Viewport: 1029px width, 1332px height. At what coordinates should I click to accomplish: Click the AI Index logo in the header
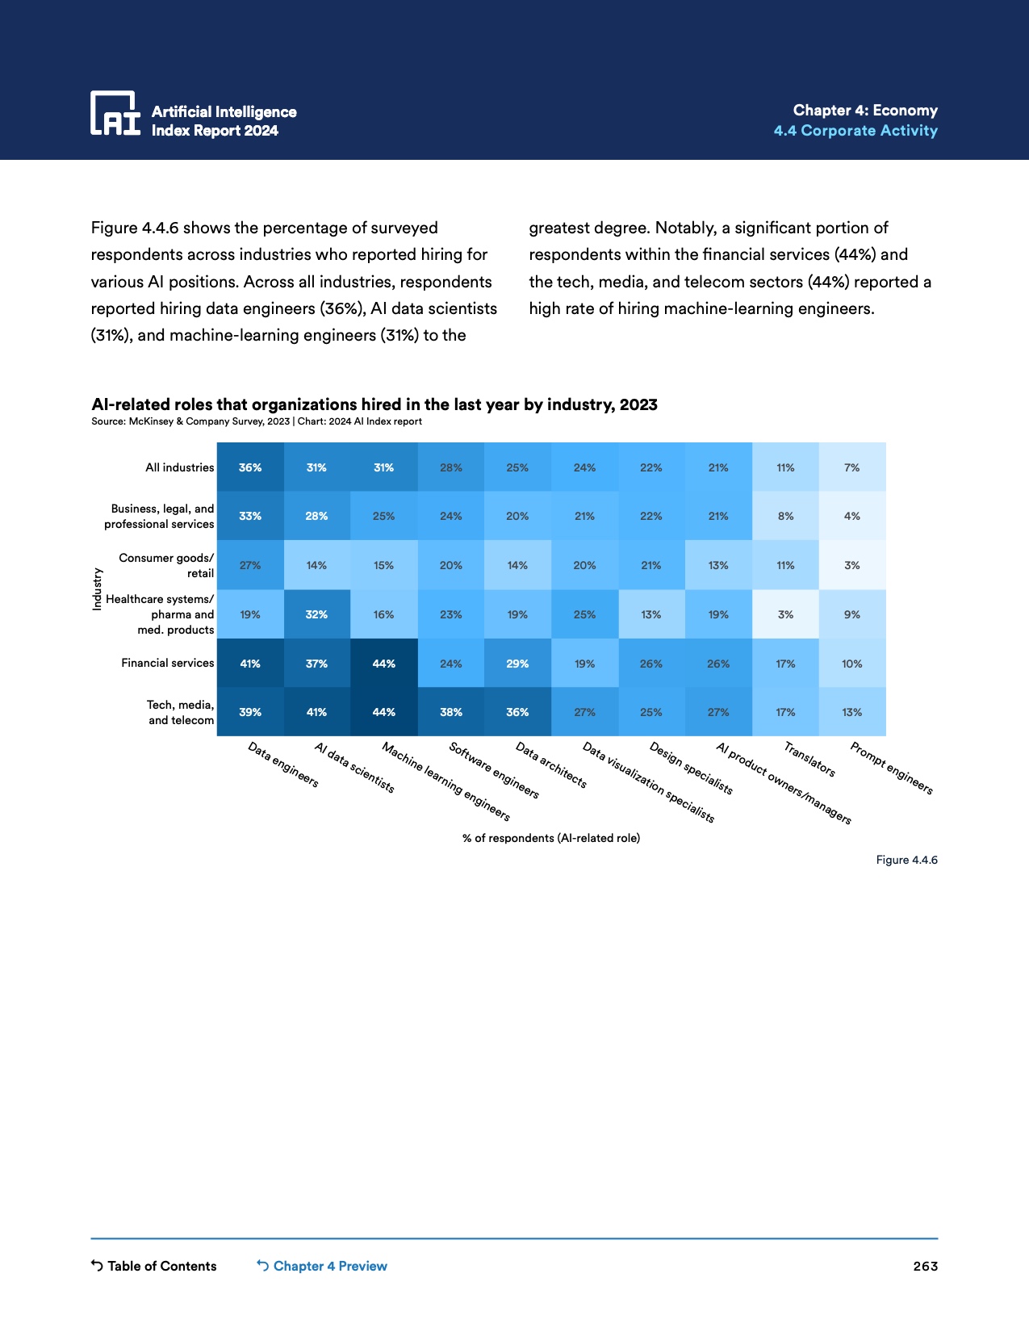[115, 113]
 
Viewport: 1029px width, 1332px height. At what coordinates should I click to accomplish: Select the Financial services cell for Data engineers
[250, 664]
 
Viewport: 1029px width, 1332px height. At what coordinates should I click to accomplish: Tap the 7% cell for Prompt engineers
[852, 467]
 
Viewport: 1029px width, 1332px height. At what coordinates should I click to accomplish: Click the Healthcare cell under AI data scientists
[316, 614]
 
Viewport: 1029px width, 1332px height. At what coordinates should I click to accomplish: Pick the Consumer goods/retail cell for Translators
[785, 565]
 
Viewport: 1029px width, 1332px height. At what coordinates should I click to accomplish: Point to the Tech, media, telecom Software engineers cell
[450, 712]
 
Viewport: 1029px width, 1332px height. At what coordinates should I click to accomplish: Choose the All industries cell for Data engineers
[250, 467]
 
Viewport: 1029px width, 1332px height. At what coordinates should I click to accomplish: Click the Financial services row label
[168, 663]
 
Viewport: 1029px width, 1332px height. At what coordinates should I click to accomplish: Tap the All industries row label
[179, 467]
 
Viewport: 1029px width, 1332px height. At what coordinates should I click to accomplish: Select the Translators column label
[809, 760]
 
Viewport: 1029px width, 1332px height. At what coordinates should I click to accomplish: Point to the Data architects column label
[551, 765]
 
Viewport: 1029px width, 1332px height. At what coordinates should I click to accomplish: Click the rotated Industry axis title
[97, 589]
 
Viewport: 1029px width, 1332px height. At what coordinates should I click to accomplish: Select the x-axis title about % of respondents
[551, 838]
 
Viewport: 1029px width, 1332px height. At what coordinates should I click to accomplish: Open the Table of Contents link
[154, 1266]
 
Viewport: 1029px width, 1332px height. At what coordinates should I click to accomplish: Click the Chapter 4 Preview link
[322, 1266]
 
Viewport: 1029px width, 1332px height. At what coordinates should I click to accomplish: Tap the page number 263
[925, 1266]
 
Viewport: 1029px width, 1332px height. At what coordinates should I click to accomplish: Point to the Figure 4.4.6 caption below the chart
[906, 860]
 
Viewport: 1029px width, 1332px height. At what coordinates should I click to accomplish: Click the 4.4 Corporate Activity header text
[855, 131]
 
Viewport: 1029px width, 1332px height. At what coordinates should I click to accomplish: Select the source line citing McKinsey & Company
[257, 421]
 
